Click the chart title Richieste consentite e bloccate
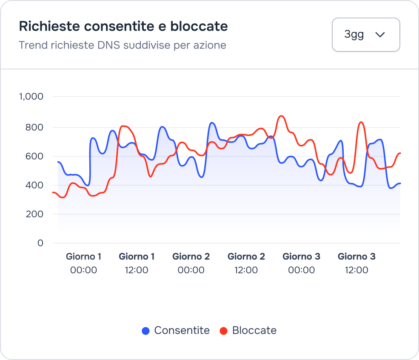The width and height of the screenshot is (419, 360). (123, 26)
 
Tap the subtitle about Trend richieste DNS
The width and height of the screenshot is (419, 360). (123, 45)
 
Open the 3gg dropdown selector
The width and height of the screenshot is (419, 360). (365, 34)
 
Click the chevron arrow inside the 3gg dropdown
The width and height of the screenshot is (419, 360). (380, 35)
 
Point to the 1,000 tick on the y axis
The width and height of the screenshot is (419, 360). (31, 97)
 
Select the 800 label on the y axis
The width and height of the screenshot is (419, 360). (35, 127)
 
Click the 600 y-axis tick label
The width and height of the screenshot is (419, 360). (35, 156)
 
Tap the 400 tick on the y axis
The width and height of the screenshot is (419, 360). (35, 185)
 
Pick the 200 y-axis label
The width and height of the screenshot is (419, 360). (35, 214)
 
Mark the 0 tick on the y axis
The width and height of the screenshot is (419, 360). (40, 243)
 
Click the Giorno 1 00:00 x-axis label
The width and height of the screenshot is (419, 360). (84, 263)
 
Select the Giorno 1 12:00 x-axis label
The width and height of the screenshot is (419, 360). (137, 263)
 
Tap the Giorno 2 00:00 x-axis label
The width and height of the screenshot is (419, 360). (191, 263)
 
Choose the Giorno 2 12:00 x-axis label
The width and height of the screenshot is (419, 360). (246, 263)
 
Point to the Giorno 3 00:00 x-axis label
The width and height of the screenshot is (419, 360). (302, 263)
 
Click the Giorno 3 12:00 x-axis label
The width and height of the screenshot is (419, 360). (356, 263)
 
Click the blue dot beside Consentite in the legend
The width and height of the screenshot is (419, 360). (146, 331)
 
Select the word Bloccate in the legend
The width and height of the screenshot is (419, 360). (254, 331)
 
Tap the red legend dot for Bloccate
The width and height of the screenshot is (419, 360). (224, 331)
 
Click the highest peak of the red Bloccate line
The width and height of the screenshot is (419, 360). (281, 116)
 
